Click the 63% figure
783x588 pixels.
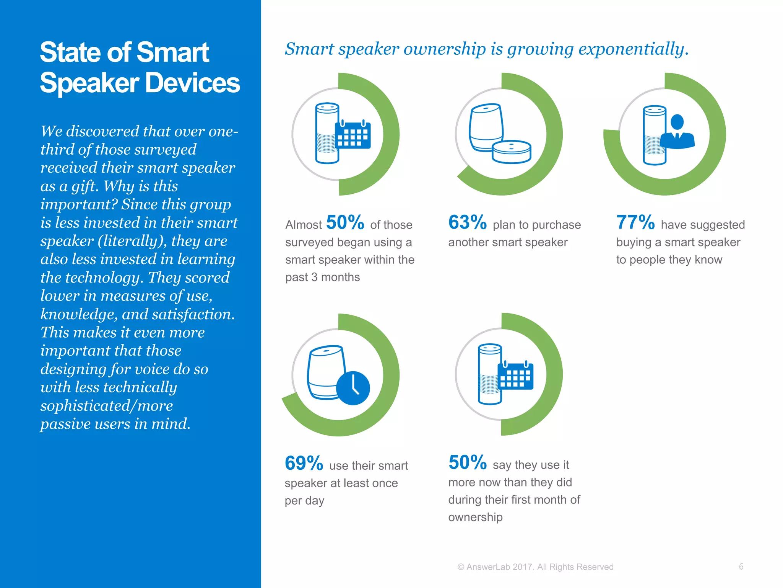(x=467, y=222)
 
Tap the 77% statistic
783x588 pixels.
(x=635, y=222)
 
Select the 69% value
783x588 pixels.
(x=304, y=463)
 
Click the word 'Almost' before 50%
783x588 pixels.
(x=304, y=225)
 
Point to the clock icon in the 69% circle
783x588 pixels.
(x=353, y=388)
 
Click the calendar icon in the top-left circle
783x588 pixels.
(x=353, y=134)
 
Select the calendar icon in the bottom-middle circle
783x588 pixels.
(x=515, y=375)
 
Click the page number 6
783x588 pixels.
(x=741, y=567)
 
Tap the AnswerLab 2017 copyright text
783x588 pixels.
(x=535, y=567)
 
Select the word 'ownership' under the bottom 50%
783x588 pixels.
(x=475, y=517)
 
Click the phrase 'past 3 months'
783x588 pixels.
(x=322, y=277)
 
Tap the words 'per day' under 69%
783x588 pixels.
(x=304, y=501)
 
